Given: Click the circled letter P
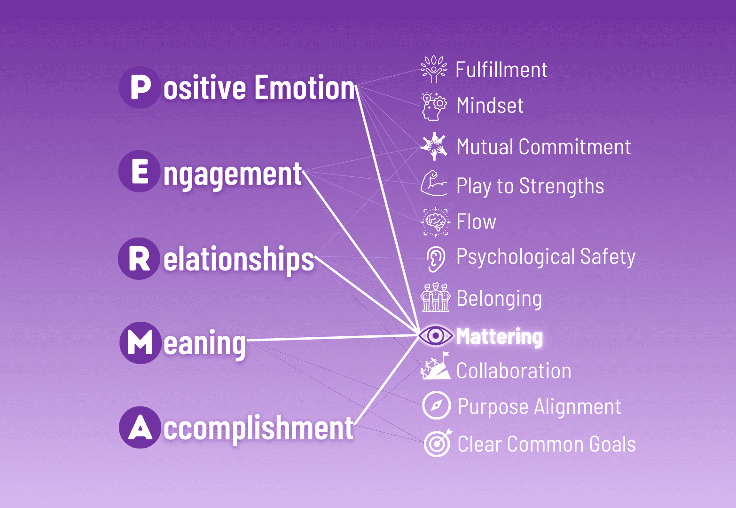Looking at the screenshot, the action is point(140,87).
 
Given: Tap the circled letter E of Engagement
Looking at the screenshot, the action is point(140,171).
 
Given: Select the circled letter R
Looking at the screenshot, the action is point(139,259).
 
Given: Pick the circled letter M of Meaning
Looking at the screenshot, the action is point(140,342).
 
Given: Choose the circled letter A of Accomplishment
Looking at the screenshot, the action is point(140,428).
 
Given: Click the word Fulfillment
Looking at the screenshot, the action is point(501,70).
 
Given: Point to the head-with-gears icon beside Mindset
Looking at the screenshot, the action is point(433,106).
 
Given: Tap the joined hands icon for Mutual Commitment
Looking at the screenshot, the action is point(433,146).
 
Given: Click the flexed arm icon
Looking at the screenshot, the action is point(433,184).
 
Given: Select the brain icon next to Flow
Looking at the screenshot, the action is point(435,222).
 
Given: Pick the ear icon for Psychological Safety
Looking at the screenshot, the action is point(435,258).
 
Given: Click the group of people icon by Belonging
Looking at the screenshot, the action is point(435,297).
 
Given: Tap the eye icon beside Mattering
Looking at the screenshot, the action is point(435,336).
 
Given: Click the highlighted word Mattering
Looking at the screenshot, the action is point(499,337).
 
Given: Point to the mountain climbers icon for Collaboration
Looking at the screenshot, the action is point(435,367).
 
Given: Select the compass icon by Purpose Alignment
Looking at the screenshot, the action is point(437,405).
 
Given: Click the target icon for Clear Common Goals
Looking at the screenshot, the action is point(437,443).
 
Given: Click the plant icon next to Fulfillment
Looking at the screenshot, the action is point(433,69).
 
